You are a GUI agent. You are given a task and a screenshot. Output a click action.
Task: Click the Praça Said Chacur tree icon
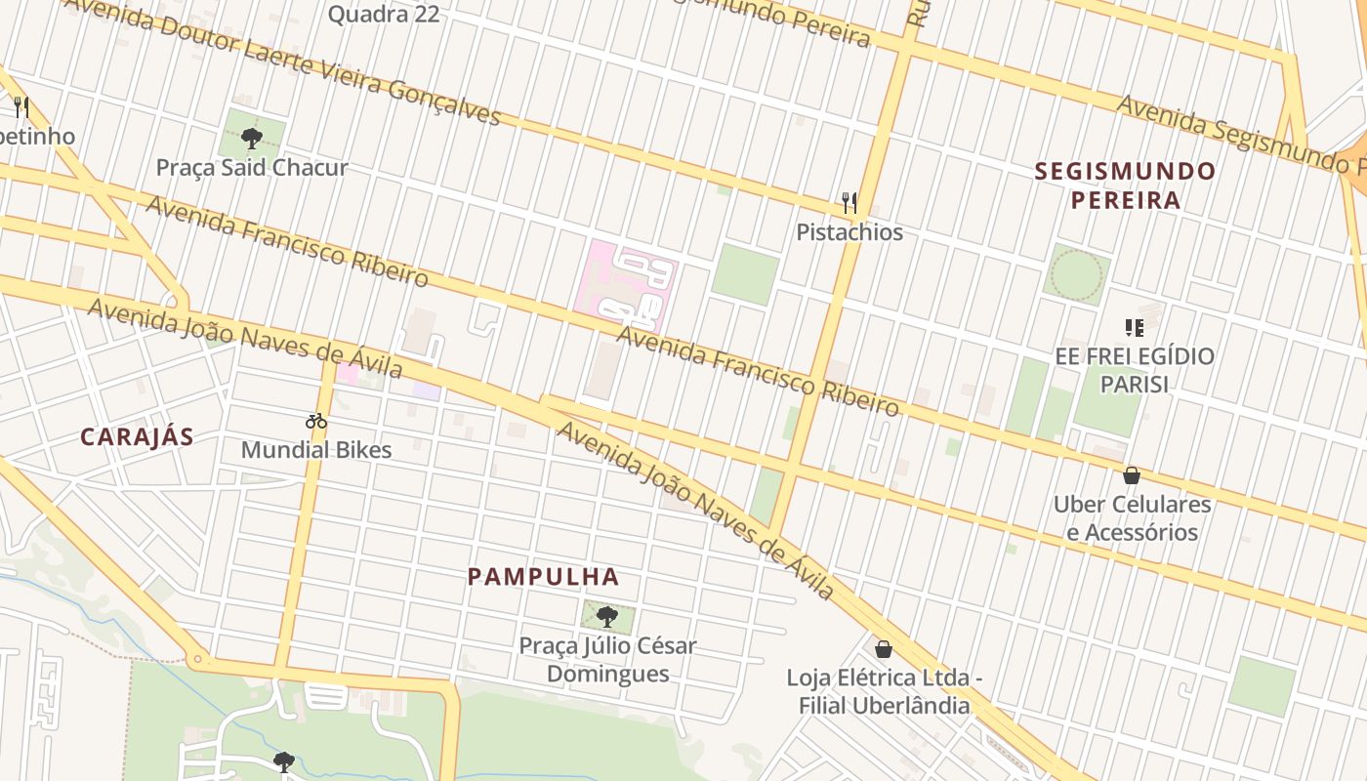(252, 138)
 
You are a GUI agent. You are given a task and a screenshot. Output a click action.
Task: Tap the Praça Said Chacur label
(252, 168)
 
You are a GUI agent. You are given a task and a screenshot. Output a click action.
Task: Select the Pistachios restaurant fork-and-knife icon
(849, 203)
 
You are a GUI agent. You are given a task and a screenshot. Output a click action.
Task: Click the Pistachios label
(849, 232)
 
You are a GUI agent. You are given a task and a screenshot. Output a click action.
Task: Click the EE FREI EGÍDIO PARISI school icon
(1134, 327)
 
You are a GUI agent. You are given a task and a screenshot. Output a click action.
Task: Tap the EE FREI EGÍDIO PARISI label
(1135, 370)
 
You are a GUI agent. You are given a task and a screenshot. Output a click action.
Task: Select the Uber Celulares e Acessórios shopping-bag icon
(1132, 475)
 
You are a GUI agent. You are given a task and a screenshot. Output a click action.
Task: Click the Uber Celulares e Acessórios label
(1132, 518)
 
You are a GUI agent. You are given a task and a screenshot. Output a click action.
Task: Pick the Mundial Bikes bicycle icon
(316, 422)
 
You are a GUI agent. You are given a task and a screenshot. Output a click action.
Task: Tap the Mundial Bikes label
(316, 450)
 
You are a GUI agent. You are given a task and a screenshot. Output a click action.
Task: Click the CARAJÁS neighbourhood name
(137, 437)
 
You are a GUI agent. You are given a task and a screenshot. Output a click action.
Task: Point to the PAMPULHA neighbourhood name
(543, 577)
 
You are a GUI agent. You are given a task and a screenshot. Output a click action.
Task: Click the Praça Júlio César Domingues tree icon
(607, 617)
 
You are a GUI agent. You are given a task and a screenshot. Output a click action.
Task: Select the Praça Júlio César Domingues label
(607, 660)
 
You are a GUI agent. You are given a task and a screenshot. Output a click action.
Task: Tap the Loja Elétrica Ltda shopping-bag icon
(884, 649)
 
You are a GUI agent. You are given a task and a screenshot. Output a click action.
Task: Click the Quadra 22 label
(383, 15)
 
